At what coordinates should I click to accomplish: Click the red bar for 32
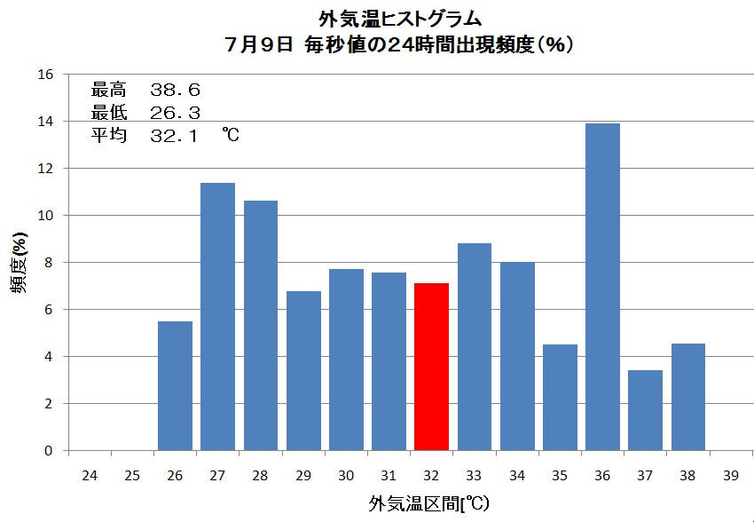pos(432,367)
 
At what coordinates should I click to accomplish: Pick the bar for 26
pos(175,385)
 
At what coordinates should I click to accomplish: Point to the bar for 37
pos(645,410)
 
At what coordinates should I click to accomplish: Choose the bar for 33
pos(475,346)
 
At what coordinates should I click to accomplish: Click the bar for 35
pos(560,397)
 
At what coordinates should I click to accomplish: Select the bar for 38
pos(688,397)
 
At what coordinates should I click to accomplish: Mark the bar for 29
pos(303,370)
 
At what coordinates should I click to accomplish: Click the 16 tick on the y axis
pos(45,75)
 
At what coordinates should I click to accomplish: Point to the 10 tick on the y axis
pos(45,216)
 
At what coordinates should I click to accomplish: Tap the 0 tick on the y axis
pos(49,451)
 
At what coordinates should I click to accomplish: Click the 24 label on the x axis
pos(89,477)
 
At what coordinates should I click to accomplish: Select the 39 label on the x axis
pos(731,477)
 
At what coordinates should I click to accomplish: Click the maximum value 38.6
pos(176,90)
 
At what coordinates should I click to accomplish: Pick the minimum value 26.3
pos(176,113)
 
